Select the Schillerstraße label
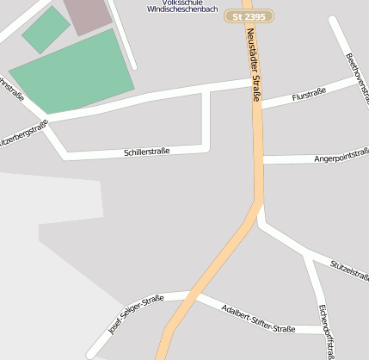(147, 152)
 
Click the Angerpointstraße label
(341, 158)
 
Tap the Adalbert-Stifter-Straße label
(257, 319)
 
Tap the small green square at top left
(46, 29)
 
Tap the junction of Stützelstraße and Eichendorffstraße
(306, 254)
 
